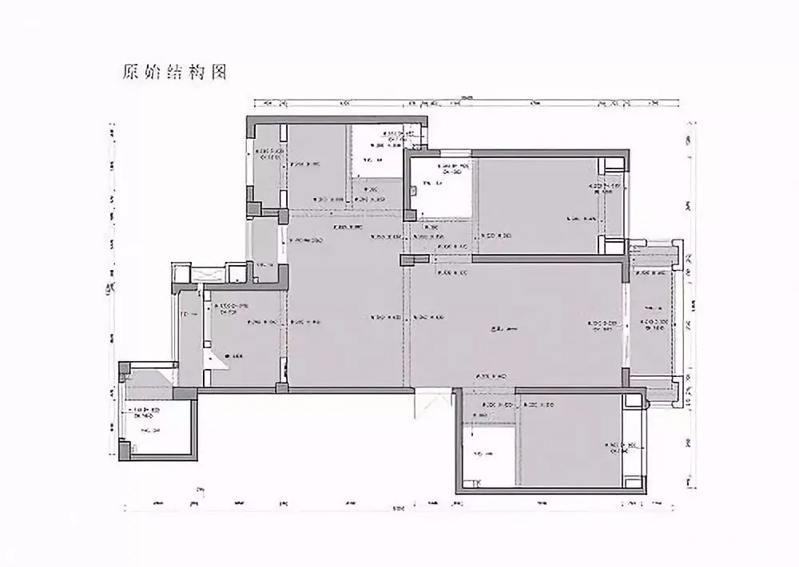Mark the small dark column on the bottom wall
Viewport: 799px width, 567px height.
[x=280, y=388]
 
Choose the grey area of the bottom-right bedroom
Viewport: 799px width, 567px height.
[x=567, y=443]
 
